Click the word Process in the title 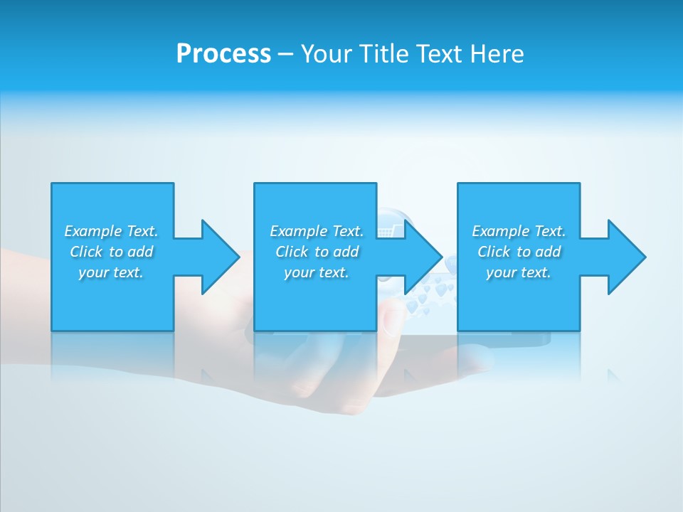tap(223, 54)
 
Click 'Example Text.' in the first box tap(111, 231)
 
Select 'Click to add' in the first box tap(111, 252)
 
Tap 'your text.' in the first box tap(111, 272)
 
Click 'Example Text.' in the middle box tap(317, 231)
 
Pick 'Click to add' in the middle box tap(317, 252)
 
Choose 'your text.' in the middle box tap(317, 272)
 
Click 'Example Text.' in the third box tap(519, 231)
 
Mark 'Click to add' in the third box tap(519, 252)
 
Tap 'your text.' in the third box tap(519, 272)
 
